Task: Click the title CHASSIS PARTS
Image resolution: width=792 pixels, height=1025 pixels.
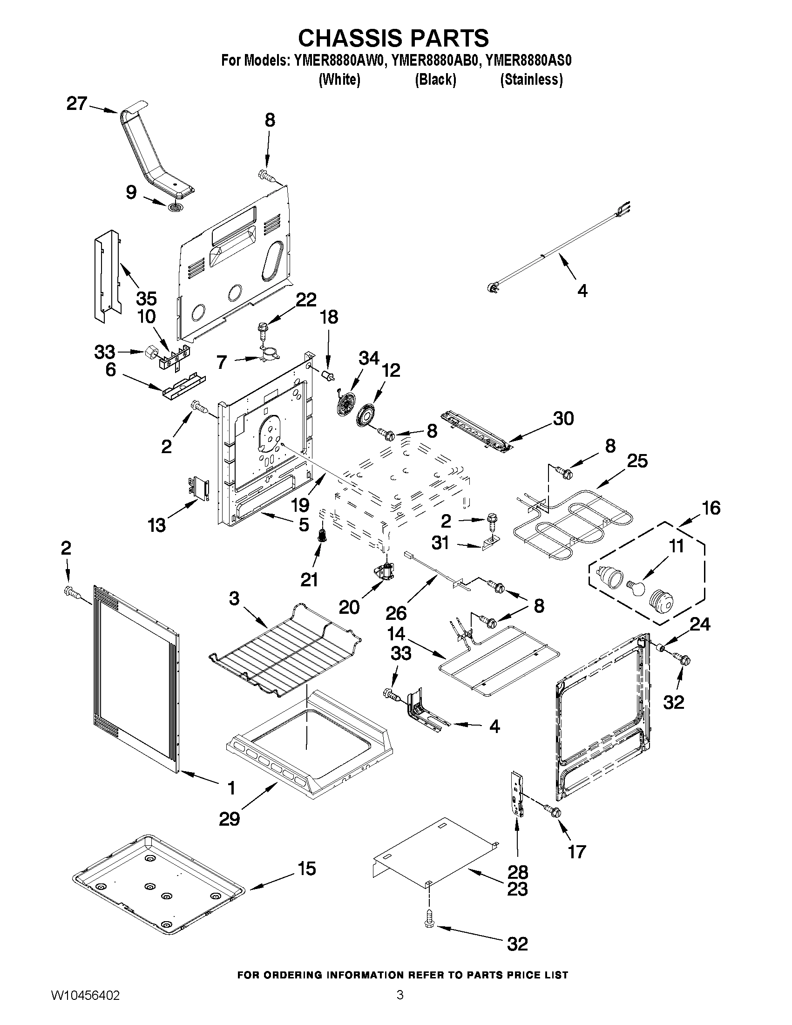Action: click(x=393, y=38)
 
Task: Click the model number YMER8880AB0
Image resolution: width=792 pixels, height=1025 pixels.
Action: click(x=435, y=61)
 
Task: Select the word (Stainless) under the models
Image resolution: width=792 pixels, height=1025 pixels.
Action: click(x=531, y=80)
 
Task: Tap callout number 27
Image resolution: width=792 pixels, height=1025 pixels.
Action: click(x=77, y=104)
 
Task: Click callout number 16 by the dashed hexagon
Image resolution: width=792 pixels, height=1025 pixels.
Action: click(x=711, y=508)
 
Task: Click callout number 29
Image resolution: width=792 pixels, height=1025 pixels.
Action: click(x=230, y=819)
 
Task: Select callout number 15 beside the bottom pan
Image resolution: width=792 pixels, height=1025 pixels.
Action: click(x=307, y=868)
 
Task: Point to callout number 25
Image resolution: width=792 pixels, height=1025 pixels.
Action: click(x=637, y=461)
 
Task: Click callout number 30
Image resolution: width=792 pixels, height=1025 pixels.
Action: click(x=563, y=418)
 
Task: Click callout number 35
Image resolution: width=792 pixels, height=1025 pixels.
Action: click(x=146, y=299)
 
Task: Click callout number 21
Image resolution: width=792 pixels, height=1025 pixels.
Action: click(x=309, y=580)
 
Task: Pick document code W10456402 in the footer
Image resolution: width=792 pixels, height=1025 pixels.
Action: click(x=85, y=1005)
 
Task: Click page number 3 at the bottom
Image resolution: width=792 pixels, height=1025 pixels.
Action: click(x=400, y=1005)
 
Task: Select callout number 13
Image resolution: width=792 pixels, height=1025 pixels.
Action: click(x=157, y=525)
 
